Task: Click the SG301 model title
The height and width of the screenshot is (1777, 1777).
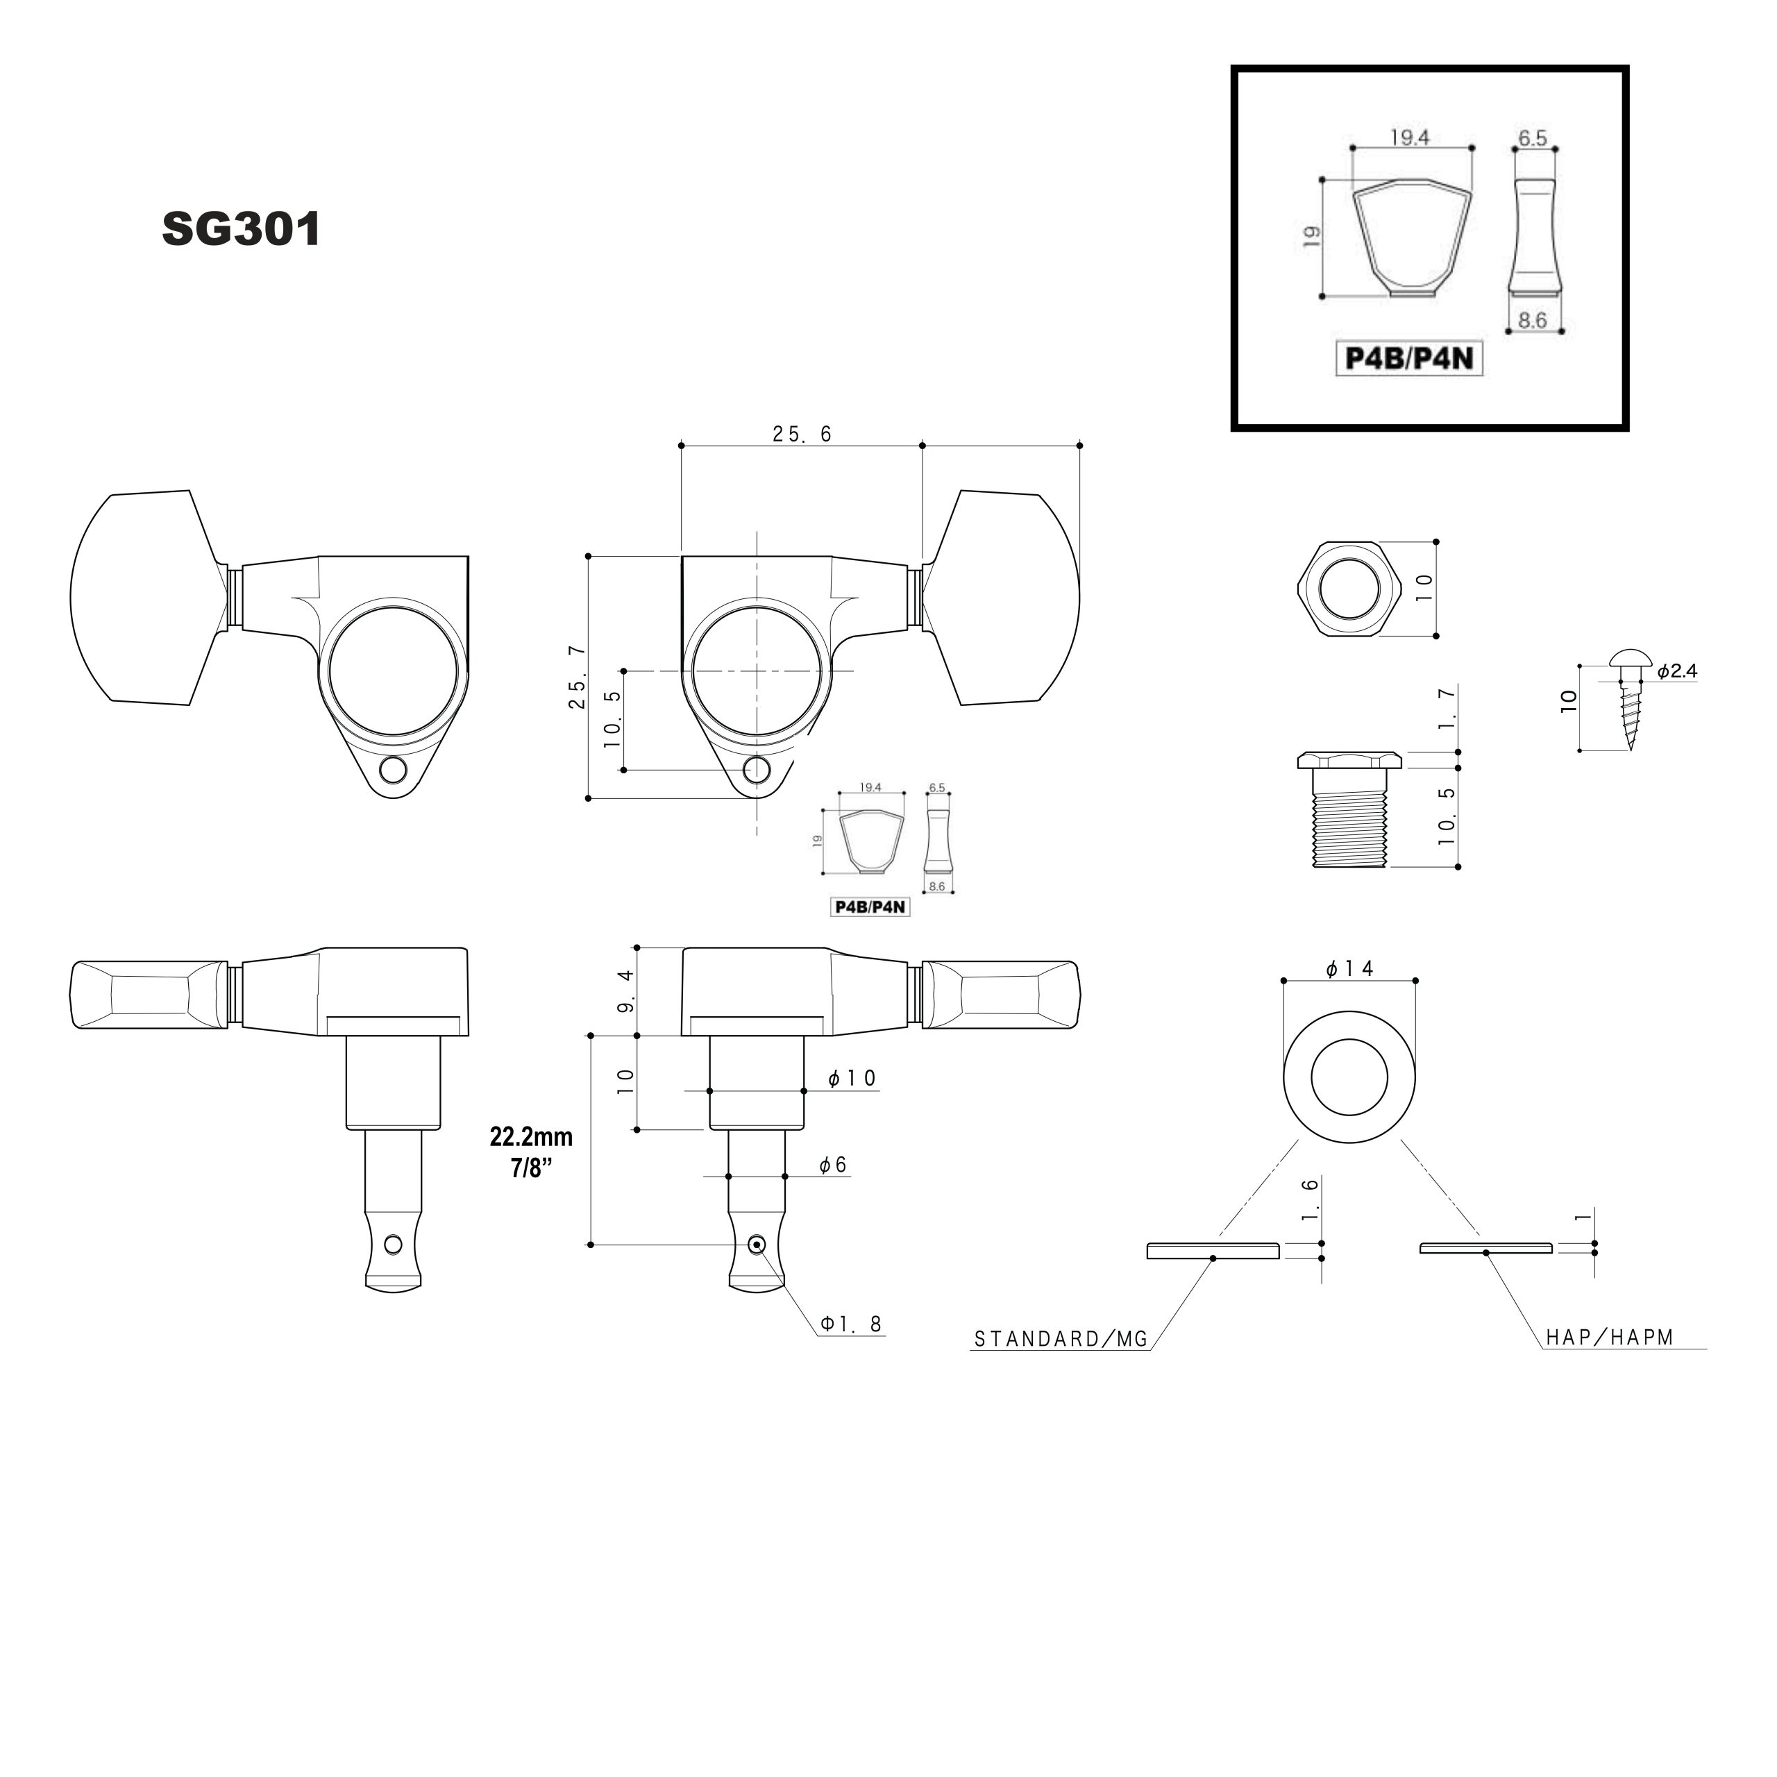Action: pos(241,229)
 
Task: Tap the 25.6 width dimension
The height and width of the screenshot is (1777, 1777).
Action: pos(802,434)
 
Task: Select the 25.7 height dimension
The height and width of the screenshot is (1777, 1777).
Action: pos(577,676)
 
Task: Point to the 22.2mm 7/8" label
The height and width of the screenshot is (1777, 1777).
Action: pos(531,1152)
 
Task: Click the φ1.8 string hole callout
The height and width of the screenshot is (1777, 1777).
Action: pos(852,1324)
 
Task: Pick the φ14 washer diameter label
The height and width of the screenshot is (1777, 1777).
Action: pos(1349,968)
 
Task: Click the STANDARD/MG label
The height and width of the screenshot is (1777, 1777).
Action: pos(1061,1339)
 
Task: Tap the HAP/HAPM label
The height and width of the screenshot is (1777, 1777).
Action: pos(1610,1338)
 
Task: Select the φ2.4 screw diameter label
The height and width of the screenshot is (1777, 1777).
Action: pos(1678,671)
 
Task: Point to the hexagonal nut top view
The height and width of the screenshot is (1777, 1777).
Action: pos(1349,589)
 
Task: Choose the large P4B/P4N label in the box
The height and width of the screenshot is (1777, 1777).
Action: pos(1409,357)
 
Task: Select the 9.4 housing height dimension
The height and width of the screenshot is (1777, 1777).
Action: pos(626,991)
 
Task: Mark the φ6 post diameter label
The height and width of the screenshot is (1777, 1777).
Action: pos(833,1165)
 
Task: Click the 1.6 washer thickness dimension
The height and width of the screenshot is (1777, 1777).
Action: pos(1311,1199)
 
